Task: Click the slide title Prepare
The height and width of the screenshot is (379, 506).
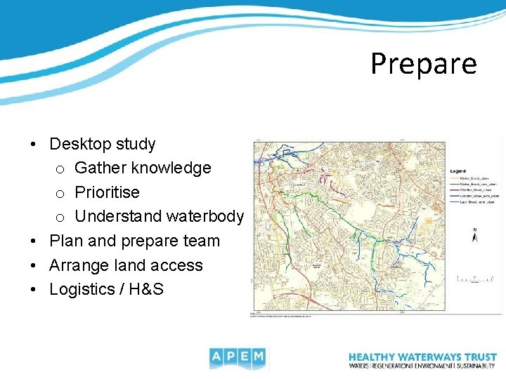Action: pos(423,63)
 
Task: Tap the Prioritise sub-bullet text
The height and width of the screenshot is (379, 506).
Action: pos(107,192)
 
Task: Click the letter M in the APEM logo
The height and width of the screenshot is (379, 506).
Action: pos(258,358)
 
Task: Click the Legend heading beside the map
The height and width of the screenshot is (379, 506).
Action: pos(458,170)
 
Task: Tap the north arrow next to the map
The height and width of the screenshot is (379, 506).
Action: pos(475,236)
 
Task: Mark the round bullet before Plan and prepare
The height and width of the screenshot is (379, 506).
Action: pos(34,241)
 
